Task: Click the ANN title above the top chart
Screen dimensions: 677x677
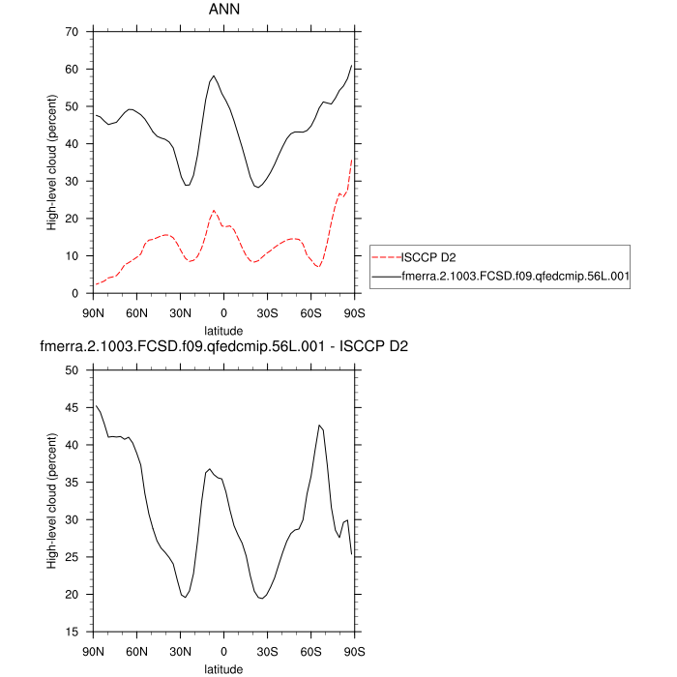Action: pyautogui.click(x=223, y=10)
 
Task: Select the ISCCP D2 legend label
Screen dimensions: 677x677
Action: pyautogui.click(x=428, y=257)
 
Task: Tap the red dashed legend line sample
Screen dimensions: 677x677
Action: pyautogui.click(x=386, y=257)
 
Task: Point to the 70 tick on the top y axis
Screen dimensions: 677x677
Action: pyautogui.click(x=72, y=32)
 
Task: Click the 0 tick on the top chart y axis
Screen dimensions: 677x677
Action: pyautogui.click(x=75, y=293)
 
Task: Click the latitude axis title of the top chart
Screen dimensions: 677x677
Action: pyautogui.click(x=223, y=330)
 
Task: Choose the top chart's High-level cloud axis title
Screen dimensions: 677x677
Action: pyautogui.click(x=52, y=162)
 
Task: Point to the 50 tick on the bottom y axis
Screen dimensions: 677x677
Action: pyautogui.click(x=72, y=369)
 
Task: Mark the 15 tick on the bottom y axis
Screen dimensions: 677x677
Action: pyautogui.click(x=72, y=632)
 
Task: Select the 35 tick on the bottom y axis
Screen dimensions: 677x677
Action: pyautogui.click(x=72, y=482)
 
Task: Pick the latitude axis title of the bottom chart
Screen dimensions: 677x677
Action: pyautogui.click(x=223, y=668)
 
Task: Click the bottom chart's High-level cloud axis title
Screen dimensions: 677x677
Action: pyautogui.click(x=52, y=501)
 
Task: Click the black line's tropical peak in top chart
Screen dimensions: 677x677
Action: pyautogui.click(x=214, y=75)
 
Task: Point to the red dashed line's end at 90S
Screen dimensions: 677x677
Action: pyautogui.click(x=352, y=160)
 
